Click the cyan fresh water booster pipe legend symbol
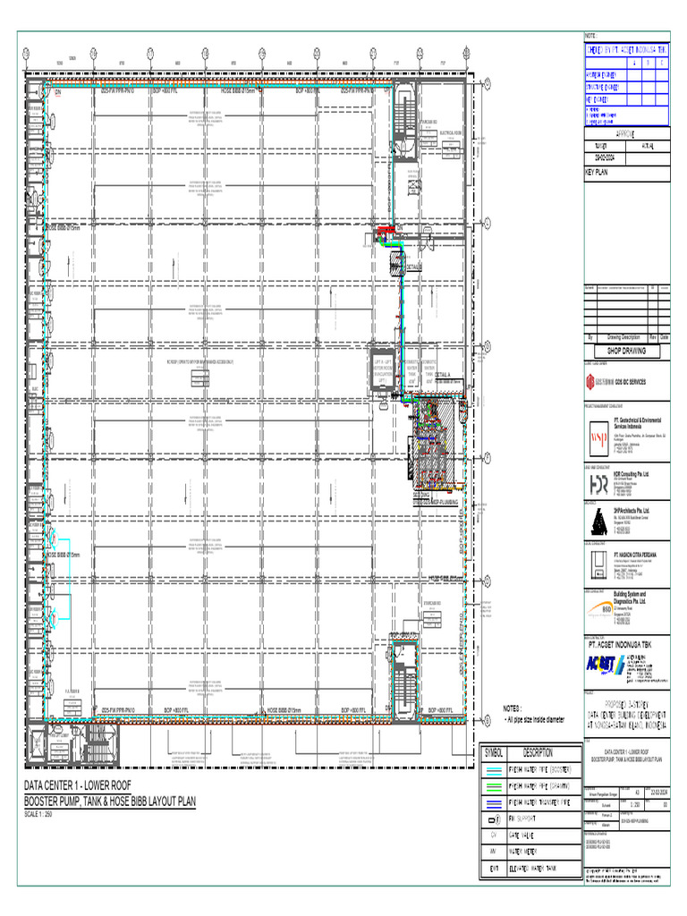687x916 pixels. coord(494,769)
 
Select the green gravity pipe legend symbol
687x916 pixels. coord(494,786)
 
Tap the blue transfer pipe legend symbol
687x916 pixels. coord(494,803)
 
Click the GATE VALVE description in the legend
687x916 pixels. coord(528,836)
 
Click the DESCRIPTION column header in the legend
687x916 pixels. coord(538,752)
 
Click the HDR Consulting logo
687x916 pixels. coord(598,482)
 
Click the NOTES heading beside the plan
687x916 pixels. coord(518,707)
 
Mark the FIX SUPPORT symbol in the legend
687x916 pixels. coord(494,819)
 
